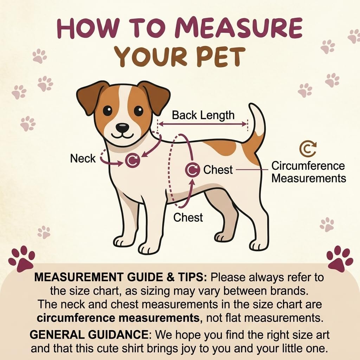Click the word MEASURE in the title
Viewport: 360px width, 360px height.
tap(238, 28)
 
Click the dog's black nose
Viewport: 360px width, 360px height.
tap(122, 127)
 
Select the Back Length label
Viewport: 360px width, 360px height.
tap(203, 115)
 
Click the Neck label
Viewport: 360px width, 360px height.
tap(83, 159)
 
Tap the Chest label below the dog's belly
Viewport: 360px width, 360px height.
tap(188, 217)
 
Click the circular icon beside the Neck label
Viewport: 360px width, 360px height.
tap(133, 160)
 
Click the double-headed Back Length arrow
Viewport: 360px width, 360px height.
tap(202, 124)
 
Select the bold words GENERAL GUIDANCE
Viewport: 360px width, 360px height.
tap(89, 335)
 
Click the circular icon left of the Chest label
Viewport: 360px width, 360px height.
tap(192, 170)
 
